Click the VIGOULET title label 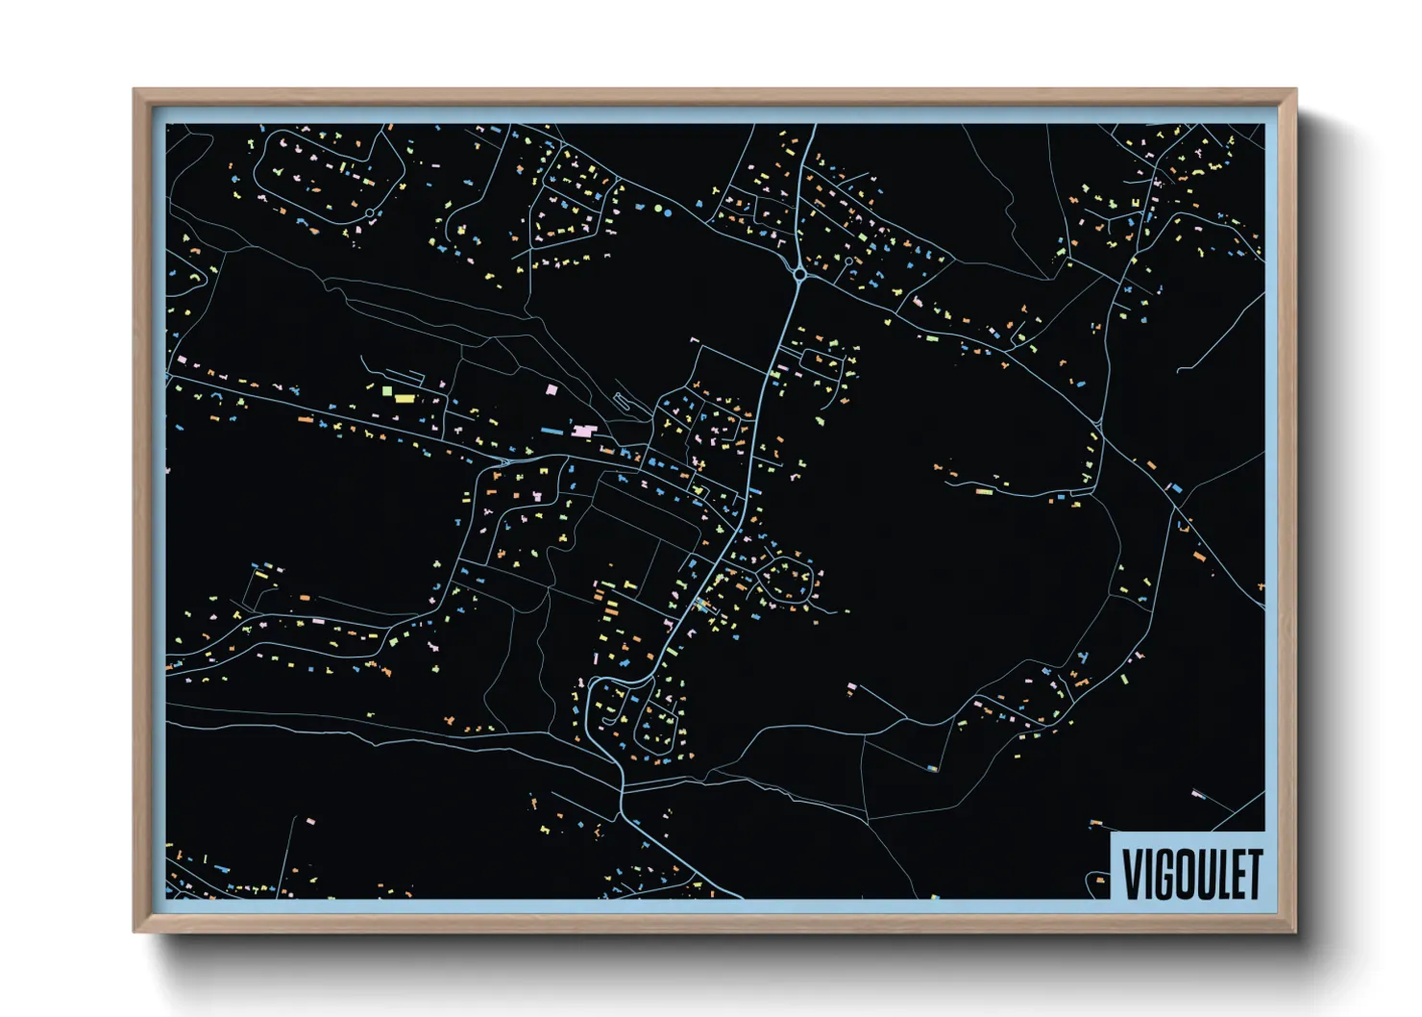coord(1189,873)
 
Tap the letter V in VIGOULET coord(1132,874)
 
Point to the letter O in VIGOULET coord(1184,874)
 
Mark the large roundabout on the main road coord(800,274)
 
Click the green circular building coord(658,208)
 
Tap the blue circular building coord(669,213)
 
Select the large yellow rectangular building coord(405,398)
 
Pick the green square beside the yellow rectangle coord(387,391)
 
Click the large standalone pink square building coord(552,389)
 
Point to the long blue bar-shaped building coord(554,432)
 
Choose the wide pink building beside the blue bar coord(582,433)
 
